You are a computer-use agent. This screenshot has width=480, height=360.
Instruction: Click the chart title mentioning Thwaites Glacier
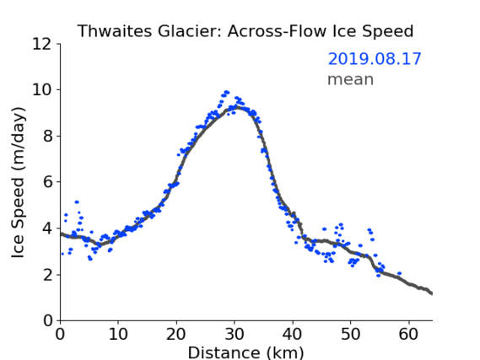pyautogui.click(x=245, y=31)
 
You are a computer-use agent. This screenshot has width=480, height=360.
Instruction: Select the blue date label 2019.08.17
pyautogui.click(x=375, y=59)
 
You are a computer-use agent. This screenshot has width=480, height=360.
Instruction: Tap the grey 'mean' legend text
pyautogui.click(x=351, y=79)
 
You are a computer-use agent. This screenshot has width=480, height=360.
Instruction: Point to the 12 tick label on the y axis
pyautogui.click(x=42, y=44)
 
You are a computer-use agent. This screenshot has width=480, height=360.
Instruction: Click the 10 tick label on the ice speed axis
pyautogui.click(x=42, y=90)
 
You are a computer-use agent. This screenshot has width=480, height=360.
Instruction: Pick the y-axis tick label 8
pyautogui.click(x=47, y=136)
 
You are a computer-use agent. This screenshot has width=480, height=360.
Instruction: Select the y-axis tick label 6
pyautogui.click(x=47, y=182)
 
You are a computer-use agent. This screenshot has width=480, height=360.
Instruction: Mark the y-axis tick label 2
pyautogui.click(x=47, y=275)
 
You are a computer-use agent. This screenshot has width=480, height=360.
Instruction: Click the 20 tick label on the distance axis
pyautogui.click(x=176, y=334)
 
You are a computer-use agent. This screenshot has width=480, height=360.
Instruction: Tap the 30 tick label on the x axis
pyautogui.click(x=235, y=334)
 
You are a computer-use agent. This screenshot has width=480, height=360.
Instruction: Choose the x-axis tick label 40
pyautogui.click(x=293, y=334)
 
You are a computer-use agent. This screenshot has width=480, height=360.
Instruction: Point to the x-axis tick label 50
pyautogui.click(x=351, y=334)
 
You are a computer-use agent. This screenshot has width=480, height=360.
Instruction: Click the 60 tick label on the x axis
pyautogui.click(x=408, y=334)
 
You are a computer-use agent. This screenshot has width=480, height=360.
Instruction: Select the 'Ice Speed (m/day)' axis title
pyautogui.click(x=18, y=182)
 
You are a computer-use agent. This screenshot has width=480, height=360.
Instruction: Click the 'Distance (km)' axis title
pyautogui.click(x=245, y=352)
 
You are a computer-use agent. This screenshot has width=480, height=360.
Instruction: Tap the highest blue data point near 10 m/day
pyautogui.click(x=227, y=92)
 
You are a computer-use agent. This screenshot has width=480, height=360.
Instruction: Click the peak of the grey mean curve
pyautogui.click(x=238, y=107)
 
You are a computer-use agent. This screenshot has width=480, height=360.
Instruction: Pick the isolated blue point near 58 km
pyautogui.click(x=399, y=273)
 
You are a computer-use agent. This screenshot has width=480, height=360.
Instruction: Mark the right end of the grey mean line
pyautogui.click(x=432, y=293)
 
